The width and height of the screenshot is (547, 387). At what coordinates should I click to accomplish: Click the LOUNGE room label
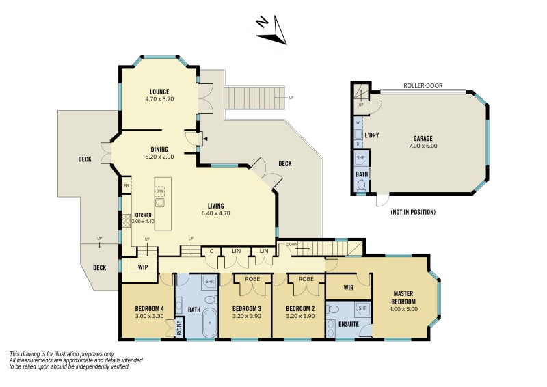(x=159, y=92)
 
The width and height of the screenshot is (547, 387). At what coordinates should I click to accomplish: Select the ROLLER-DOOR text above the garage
(x=423, y=85)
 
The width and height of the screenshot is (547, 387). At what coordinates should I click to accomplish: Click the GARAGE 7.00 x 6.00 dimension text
(x=423, y=146)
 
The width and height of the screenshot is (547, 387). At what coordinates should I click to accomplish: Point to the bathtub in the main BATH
(x=209, y=323)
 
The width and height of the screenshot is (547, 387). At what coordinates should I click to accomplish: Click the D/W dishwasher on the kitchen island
(x=160, y=191)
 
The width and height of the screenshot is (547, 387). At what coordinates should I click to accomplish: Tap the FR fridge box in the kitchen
(x=126, y=186)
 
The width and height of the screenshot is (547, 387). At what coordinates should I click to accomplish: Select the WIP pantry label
(x=143, y=267)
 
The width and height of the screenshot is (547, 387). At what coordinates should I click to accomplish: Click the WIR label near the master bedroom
(x=349, y=288)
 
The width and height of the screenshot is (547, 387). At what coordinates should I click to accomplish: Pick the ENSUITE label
(x=349, y=324)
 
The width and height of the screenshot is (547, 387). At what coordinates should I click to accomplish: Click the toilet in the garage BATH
(x=362, y=185)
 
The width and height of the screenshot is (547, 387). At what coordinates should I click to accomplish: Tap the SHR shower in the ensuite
(x=363, y=308)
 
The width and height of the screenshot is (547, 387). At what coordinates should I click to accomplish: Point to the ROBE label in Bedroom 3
(x=252, y=279)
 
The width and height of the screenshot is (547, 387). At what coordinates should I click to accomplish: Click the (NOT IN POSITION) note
(x=413, y=212)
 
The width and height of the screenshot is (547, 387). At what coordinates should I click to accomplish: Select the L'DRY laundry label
(x=372, y=135)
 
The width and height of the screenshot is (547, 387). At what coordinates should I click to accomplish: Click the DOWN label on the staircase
(x=292, y=244)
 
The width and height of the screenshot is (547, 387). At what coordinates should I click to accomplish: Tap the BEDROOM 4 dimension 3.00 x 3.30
(x=149, y=316)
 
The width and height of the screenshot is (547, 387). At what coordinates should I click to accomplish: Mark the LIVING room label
(x=215, y=206)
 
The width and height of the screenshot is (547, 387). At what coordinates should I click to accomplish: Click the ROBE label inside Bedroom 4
(x=179, y=328)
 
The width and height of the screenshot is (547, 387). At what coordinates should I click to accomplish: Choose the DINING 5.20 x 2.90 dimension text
(x=159, y=157)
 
